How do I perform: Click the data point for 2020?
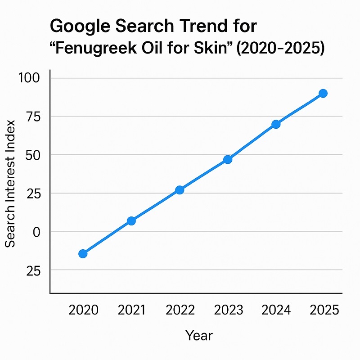coord(83,254)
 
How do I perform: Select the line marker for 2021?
coord(131,221)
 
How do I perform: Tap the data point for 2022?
coord(180,190)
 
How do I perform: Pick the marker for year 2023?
coord(228,159)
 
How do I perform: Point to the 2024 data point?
coord(276,124)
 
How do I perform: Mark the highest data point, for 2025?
coord(323,93)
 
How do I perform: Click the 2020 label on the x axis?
coord(84,310)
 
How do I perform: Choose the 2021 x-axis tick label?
coord(131,310)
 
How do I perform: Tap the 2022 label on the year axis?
coord(180,310)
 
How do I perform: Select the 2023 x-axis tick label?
coord(228,310)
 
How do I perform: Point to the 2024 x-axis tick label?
coord(276,310)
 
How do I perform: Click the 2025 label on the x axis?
coord(324,310)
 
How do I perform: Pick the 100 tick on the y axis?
coord(29,78)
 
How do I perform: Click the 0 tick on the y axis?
coord(36,231)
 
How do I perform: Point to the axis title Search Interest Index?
coord(10,183)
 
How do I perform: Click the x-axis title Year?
coord(199,335)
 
